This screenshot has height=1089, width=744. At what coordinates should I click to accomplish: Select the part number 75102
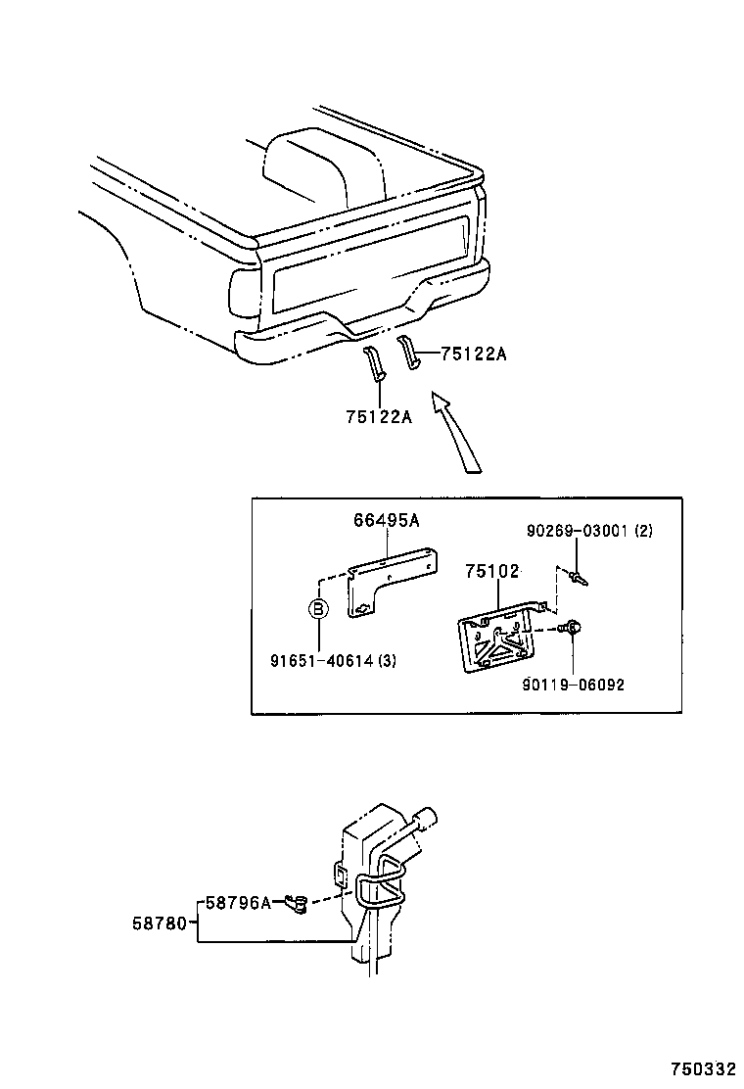491,572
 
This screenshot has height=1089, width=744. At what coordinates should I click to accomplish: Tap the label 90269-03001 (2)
588,531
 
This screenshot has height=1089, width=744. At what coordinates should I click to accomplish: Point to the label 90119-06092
573,685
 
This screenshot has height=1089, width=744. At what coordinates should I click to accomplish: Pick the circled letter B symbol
318,608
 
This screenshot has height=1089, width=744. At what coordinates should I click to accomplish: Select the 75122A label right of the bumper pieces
473,355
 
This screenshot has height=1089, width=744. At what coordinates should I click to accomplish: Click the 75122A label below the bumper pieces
378,416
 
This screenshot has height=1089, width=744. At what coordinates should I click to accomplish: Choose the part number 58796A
238,903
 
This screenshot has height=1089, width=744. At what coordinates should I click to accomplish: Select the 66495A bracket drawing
387,585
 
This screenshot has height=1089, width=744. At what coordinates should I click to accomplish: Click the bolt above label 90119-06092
575,628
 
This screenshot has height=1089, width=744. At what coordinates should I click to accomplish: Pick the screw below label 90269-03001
580,578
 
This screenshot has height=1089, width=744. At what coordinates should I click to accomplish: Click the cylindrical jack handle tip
427,816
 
